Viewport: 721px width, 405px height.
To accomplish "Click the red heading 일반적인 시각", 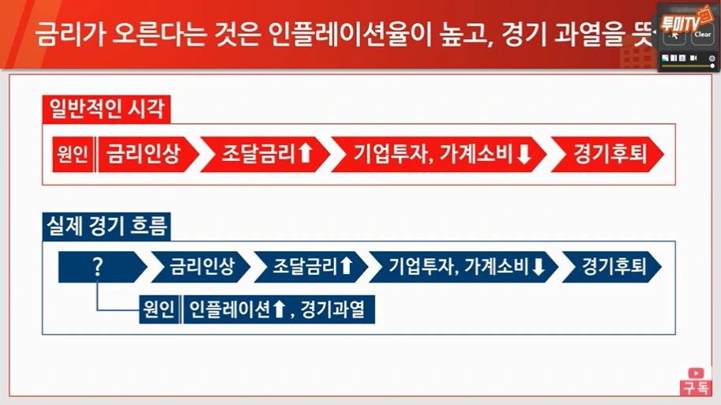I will pos(107,110).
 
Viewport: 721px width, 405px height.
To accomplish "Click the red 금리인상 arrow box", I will pos(143,154).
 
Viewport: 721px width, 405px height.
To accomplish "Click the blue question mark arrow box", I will pos(99,267).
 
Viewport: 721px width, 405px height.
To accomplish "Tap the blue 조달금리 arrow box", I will pos(310,267).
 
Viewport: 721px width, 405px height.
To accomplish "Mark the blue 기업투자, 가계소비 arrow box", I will pos(464,267).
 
